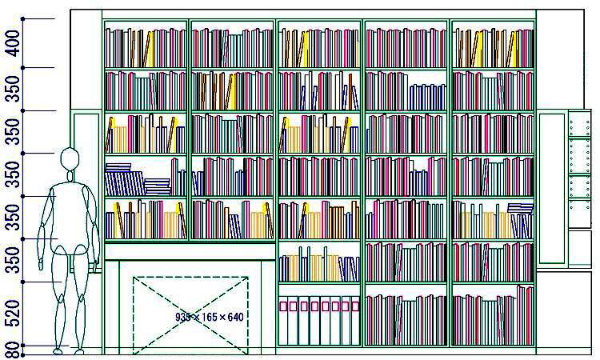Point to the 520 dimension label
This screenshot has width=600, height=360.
coord(13,314)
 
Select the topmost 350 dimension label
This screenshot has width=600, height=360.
coord(13,89)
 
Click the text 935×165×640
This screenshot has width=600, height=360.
coord(209,317)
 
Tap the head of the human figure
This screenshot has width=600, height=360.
coord(70,158)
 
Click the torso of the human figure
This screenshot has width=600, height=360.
coord(73,212)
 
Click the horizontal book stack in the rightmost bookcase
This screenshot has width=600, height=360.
coord(521,209)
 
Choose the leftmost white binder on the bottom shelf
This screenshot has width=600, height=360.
coord(282,321)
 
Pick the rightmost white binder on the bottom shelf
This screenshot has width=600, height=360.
coord(355,321)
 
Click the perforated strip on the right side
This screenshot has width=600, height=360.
coord(578,168)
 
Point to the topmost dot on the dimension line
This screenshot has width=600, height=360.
coord(24,18)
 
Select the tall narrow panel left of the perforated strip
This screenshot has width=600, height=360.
coord(551,188)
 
